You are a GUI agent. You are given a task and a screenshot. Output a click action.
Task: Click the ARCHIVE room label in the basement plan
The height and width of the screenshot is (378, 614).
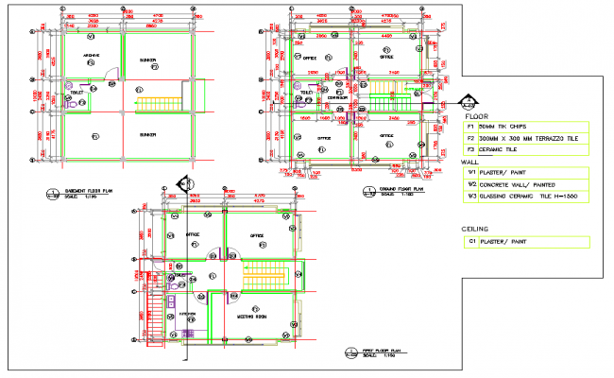pyautogui.click(x=92, y=56)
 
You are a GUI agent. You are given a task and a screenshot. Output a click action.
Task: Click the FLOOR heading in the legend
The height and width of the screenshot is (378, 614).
pyautogui.click(x=476, y=116)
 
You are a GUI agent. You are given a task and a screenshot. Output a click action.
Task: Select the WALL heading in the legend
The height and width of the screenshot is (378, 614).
pyautogui.click(x=470, y=162)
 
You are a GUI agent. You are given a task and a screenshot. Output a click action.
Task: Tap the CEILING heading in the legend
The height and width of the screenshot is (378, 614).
pyautogui.click(x=475, y=230)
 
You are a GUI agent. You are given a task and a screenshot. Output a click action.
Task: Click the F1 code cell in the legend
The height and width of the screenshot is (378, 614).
pyautogui.click(x=469, y=127)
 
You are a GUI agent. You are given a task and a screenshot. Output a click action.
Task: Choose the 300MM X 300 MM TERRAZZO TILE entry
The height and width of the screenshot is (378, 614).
pyautogui.click(x=530, y=138)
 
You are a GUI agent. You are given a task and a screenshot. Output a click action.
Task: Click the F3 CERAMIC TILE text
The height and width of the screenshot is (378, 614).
pyautogui.click(x=502, y=149)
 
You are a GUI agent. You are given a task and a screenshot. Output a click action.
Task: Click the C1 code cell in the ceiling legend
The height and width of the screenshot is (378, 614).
pyautogui.click(x=469, y=242)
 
